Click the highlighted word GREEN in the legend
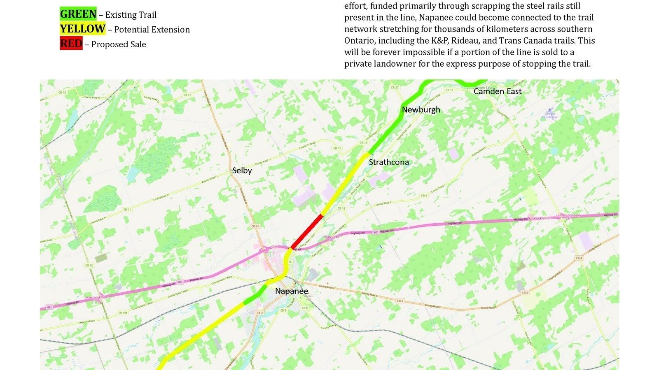[78, 14]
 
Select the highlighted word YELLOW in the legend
[82, 29]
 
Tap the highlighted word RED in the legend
[71, 44]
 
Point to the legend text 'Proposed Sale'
[119, 44]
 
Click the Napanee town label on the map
[292, 291]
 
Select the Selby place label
[242, 170]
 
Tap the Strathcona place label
[389, 162]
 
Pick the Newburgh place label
[421, 110]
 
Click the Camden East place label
[498, 91]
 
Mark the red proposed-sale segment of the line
[307, 231]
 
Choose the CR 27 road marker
[395, 88]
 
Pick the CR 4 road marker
[579, 258]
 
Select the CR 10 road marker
[89, 266]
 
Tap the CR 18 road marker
[341, 209]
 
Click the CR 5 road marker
[424, 196]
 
